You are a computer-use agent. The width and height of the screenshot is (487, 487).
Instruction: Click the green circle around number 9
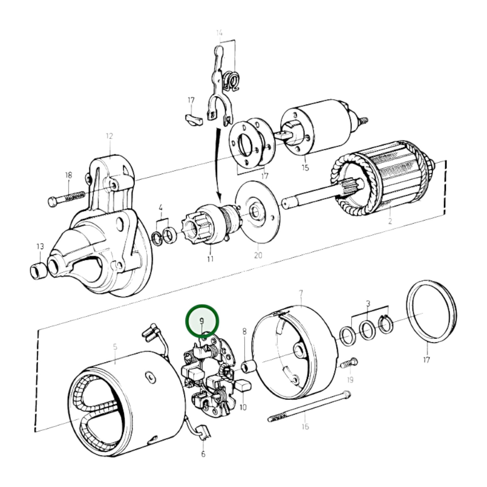click(x=202, y=321)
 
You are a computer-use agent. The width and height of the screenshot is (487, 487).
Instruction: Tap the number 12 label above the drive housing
click(x=109, y=136)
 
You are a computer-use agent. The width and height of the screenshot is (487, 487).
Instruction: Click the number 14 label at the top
click(x=219, y=33)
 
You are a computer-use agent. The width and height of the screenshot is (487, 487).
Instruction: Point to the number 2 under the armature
click(x=390, y=221)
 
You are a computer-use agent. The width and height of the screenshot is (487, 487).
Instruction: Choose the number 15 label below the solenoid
click(x=305, y=168)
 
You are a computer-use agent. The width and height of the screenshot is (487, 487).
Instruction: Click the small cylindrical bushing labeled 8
click(x=248, y=366)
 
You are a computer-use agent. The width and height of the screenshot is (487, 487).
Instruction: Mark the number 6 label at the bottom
click(x=203, y=454)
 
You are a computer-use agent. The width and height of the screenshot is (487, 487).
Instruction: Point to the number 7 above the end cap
click(x=301, y=293)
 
